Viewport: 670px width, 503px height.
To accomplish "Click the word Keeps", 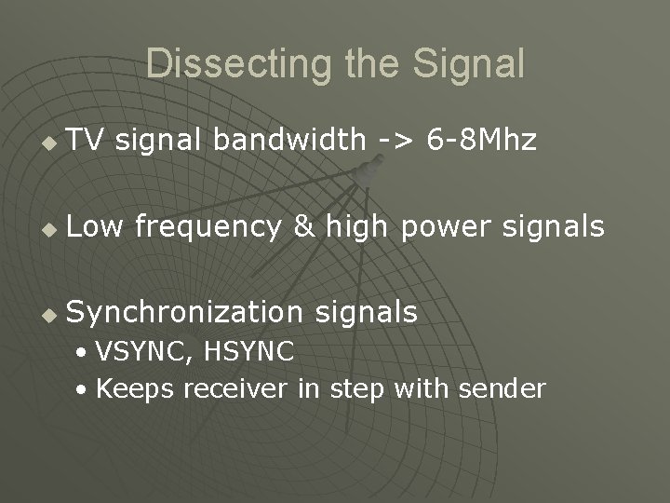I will coord(135,388).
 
